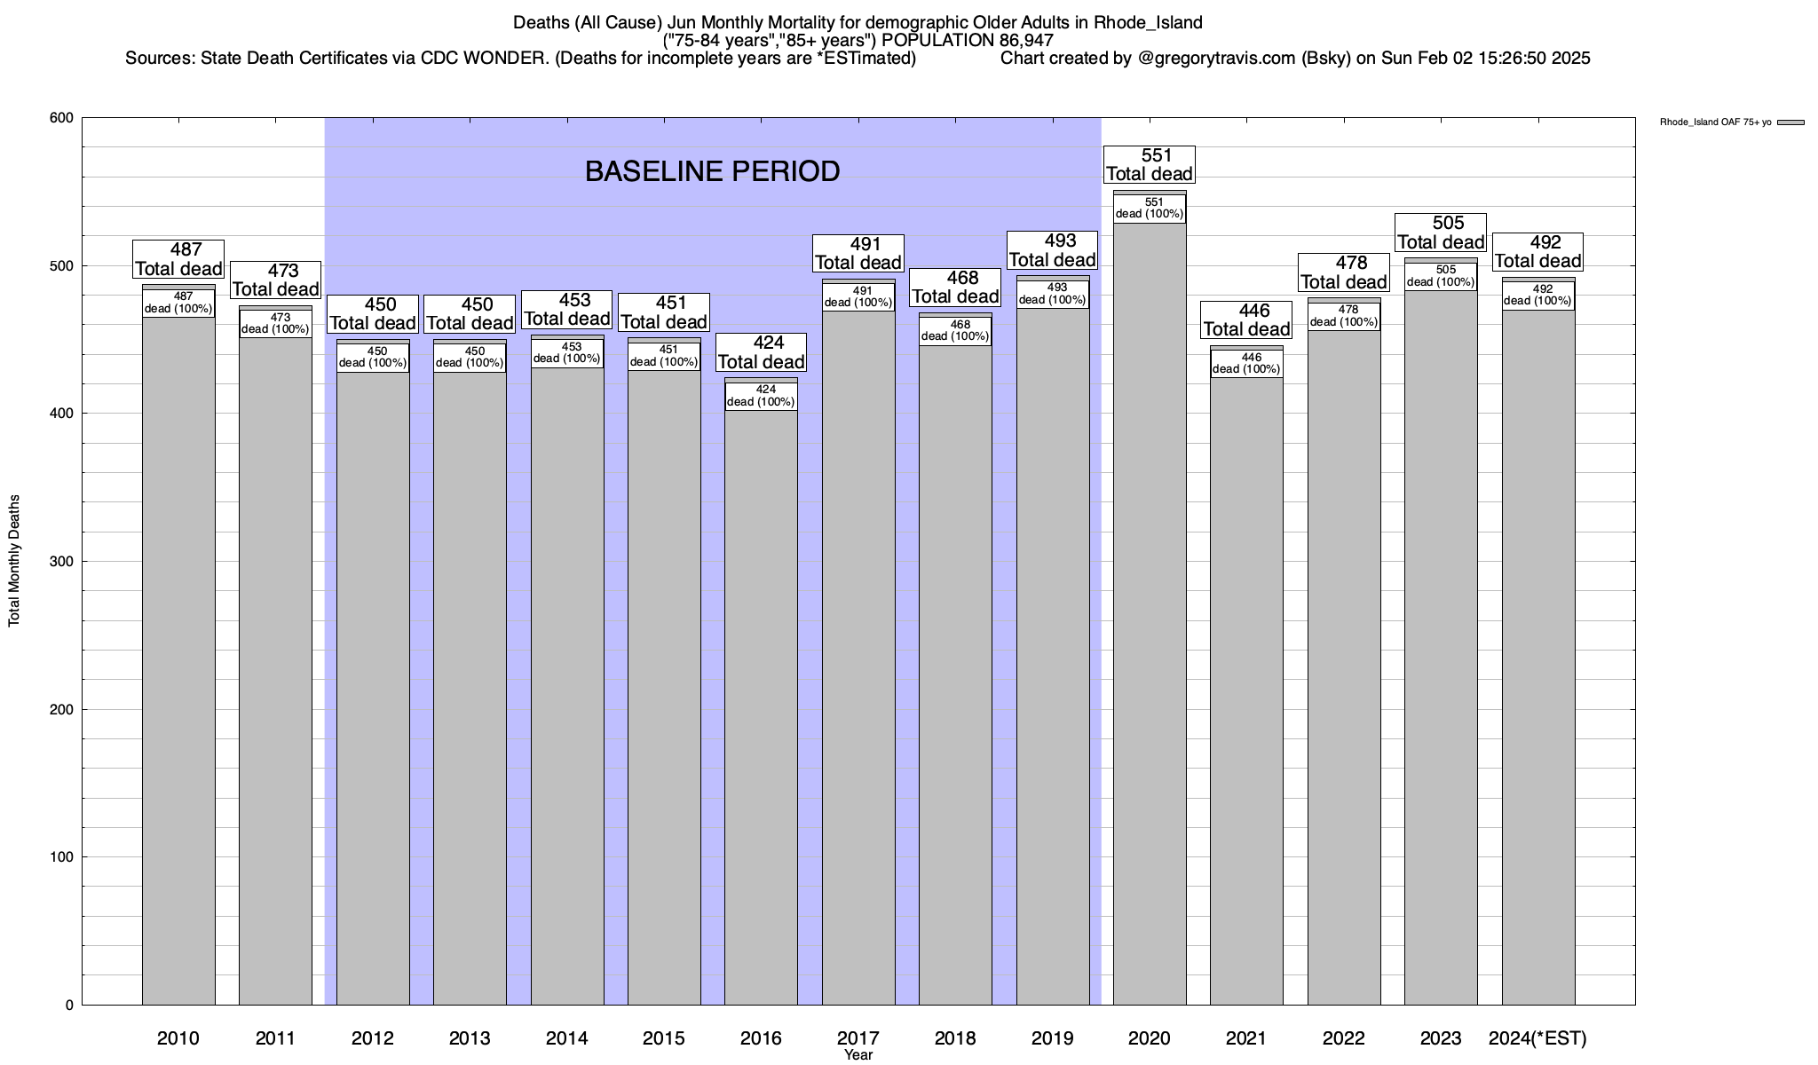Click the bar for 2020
pos(1150,621)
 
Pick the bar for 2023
pos(1441,639)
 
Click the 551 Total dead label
pos(1150,165)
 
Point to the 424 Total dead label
pos(761,352)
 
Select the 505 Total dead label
pos(1441,233)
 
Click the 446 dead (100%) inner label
pos(1246,364)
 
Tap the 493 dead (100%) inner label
pos(1053,294)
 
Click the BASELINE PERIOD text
pos(712,171)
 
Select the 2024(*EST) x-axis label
pos(1537,1038)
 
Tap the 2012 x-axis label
pos(373,1038)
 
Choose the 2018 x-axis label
pos(955,1038)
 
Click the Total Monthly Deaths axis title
pos(14,561)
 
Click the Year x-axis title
pos(858,1055)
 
